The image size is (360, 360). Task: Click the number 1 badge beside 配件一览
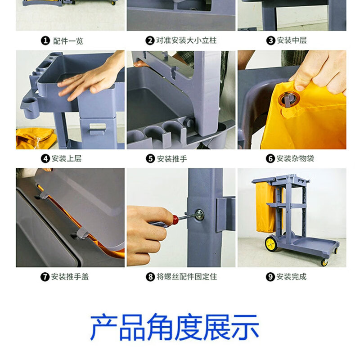pos(45,41)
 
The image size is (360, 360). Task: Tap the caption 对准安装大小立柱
pos(186,40)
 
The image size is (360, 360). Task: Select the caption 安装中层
pos(292,40)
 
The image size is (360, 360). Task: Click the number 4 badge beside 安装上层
pos(45,159)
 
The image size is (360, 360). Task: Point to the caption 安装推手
pos(172,159)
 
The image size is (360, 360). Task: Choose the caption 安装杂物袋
pos(295,158)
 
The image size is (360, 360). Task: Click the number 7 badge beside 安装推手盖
pos(45,277)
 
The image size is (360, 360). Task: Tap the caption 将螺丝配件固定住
pos(187,277)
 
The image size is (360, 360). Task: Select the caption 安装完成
pos(291,277)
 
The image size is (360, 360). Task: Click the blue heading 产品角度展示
pos(175,327)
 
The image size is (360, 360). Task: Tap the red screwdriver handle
pos(175,219)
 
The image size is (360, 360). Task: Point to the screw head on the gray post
pos(199,215)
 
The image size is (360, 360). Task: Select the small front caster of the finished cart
pos(324,262)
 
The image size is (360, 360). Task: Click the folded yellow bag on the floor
pos(36,139)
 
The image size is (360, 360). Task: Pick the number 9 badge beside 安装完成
pos(270,277)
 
